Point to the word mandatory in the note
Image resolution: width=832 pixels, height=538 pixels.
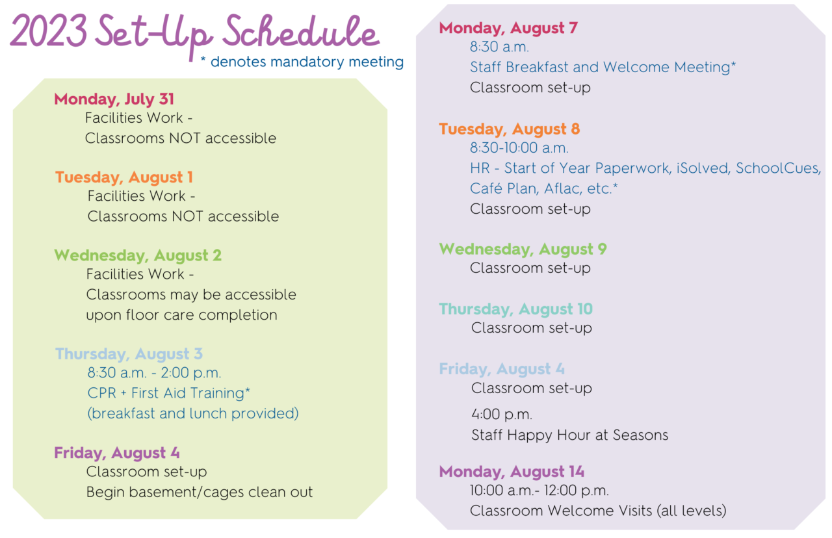tap(307, 62)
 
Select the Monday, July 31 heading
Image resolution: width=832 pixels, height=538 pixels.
tap(114, 99)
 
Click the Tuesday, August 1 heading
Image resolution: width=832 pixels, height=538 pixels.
tap(124, 177)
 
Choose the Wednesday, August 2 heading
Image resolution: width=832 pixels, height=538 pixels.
tap(138, 255)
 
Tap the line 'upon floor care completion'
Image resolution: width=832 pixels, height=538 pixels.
tap(181, 315)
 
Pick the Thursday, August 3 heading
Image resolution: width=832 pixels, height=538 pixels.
tap(129, 354)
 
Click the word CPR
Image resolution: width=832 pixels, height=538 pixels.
tap(102, 393)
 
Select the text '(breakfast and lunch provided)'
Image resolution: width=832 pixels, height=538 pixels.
tap(193, 414)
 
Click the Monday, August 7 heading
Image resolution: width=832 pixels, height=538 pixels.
tap(508, 28)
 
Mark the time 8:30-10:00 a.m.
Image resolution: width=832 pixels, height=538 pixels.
tap(519, 148)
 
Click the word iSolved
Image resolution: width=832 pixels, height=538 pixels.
tap(704, 168)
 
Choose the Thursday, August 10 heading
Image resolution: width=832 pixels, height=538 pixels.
tap(516, 309)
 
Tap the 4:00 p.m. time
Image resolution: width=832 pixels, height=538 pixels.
tap(502, 415)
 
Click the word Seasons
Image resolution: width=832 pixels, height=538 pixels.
tap(640, 435)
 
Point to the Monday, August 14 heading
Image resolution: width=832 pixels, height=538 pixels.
tap(512, 472)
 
